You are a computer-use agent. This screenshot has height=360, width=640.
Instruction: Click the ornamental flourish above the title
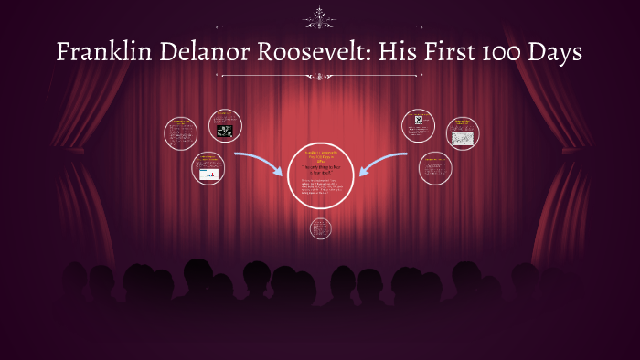tap(320, 16)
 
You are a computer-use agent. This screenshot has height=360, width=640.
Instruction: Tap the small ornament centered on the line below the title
tap(320, 76)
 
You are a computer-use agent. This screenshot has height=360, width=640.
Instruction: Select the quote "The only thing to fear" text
tap(320, 169)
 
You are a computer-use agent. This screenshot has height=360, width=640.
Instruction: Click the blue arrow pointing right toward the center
tap(260, 163)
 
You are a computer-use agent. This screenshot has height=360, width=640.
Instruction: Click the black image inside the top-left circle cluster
tap(224, 131)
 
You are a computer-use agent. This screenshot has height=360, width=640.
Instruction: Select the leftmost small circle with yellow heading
tap(180, 132)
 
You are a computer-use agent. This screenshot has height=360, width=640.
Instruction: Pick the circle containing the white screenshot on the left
tap(208, 169)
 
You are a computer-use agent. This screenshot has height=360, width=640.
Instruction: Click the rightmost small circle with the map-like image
tap(463, 132)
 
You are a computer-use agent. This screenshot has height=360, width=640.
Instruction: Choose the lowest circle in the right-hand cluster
tap(435, 168)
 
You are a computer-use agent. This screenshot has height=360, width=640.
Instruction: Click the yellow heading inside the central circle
tap(320, 154)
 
